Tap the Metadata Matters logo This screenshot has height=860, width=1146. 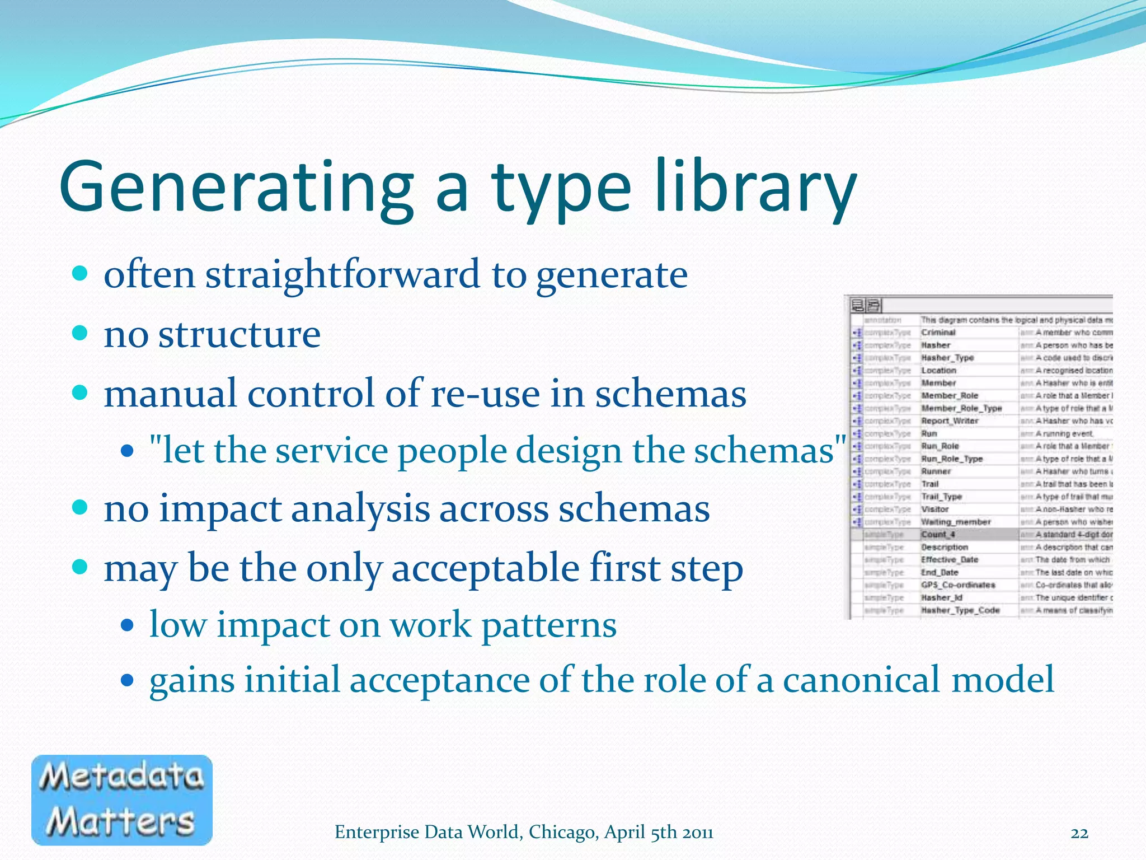click(x=121, y=800)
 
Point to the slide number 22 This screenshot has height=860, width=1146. click(x=1079, y=833)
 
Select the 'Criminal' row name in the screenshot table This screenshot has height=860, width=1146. click(x=938, y=333)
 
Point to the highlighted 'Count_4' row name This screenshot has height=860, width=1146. click(x=938, y=535)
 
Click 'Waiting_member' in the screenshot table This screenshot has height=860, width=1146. click(x=956, y=522)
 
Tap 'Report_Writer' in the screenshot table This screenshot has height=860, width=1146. click(x=950, y=421)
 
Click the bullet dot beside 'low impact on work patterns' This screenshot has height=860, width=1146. click(x=128, y=625)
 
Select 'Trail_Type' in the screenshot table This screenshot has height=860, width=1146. click(x=941, y=497)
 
